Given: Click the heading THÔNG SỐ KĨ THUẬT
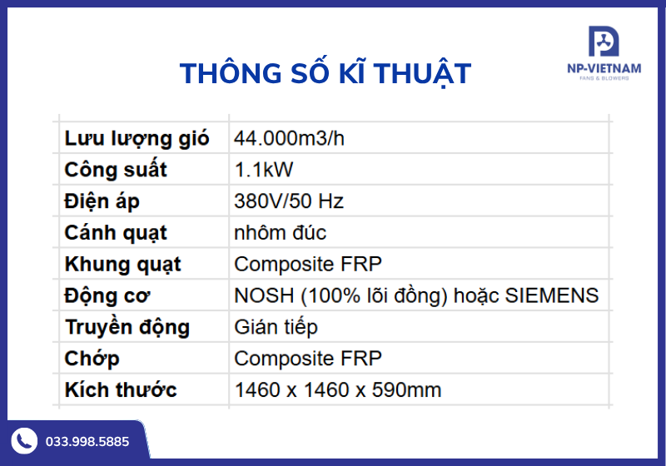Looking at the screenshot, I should coord(326,73).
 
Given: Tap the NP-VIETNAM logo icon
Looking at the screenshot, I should coord(604,42).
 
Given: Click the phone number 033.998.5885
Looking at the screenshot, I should coord(87,441).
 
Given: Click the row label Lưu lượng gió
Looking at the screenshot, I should coord(137,138).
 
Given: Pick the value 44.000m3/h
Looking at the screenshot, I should coord(289,138).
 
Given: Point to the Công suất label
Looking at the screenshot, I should coord(116,170).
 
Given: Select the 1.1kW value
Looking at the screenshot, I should coord(264,170).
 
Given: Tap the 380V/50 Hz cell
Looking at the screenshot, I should coord(289,201).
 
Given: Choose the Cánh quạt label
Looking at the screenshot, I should coord(116,233).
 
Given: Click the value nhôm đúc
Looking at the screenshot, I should coord(280,233).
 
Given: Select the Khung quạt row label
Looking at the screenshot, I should coord(122,265).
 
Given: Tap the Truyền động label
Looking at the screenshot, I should coord(127,327).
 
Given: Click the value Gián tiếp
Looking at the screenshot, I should coord(276,327).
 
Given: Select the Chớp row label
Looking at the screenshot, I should coord(92,359).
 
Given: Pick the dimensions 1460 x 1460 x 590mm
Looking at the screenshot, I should coord(337,390).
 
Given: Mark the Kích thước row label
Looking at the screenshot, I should coord(121,390).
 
